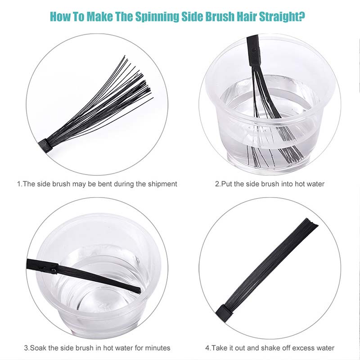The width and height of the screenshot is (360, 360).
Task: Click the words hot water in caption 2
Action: pyautogui.click(x=310, y=184)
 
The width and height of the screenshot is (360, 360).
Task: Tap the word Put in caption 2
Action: pyautogui.click(x=226, y=184)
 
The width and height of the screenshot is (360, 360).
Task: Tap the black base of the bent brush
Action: pyautogui.click(x=45, y=146)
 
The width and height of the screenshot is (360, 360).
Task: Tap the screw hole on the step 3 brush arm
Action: pyautogui.click(x=54, y=271)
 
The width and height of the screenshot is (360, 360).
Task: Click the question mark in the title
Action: pyautogui.click(x=302, y=16)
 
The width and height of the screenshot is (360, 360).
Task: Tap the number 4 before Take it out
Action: pyautogui.click(x=207, y=348)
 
